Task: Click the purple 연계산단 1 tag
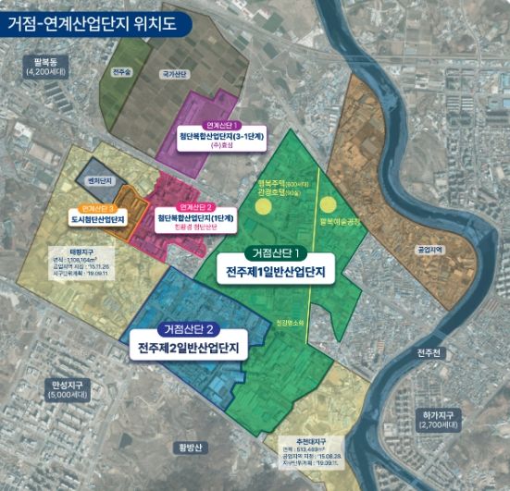223,125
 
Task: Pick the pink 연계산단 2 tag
196,205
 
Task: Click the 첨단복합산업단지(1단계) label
196,217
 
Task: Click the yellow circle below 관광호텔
266,206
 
